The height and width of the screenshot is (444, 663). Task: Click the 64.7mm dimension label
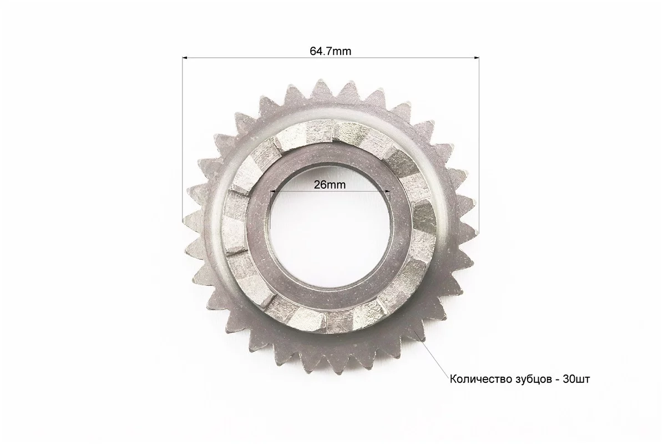pos(330,51)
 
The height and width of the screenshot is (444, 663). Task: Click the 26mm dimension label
pos(330,185)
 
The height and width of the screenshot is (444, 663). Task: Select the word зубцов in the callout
pos(528,379)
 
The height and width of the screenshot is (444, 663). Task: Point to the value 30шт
pos(576,379)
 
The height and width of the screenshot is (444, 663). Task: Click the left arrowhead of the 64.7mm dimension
pos(185,57)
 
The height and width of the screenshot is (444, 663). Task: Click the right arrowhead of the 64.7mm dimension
pos(476,57)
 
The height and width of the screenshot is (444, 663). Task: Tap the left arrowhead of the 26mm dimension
pos(273,191)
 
